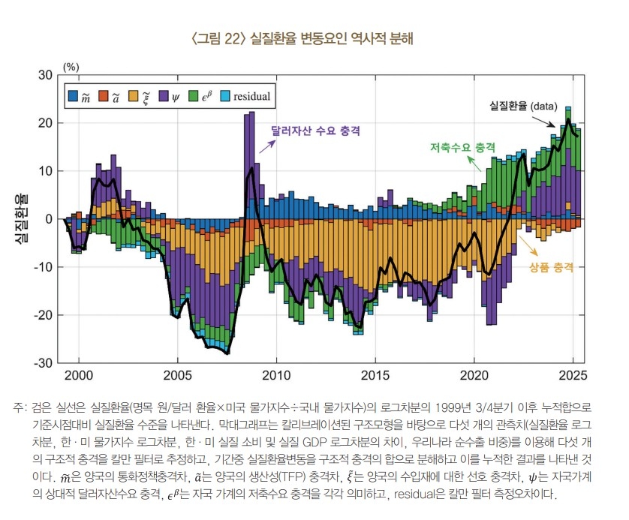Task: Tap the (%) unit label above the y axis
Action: [x=71, y=65]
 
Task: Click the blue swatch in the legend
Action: [x=73, y=96]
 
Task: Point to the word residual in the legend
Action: [x=251, y=96]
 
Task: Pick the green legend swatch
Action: [x=193, y=96]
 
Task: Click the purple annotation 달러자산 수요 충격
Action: [x=316, y=131]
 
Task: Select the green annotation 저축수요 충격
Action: [x=463, y=146]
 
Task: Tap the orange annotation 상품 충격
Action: [x=551, y=268]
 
